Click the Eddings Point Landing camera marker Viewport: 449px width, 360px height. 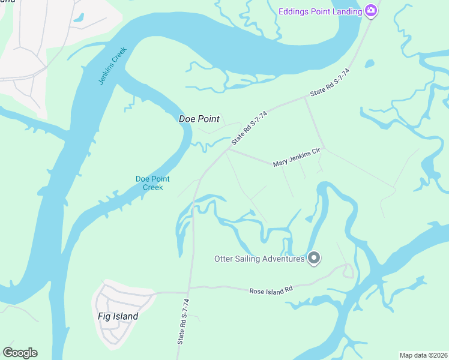coord(371,11)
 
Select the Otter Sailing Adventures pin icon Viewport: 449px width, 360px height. coord(313,259)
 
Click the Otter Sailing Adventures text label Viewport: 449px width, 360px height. coord(259,259)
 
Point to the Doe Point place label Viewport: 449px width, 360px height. coord(199,119)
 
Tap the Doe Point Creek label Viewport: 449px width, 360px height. coord(152,183)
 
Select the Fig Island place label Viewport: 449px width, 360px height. coord(118,316)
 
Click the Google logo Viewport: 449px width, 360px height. coord(20,353)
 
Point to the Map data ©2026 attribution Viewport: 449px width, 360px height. coord(423,355)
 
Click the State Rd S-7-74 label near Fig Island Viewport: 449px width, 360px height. coord(183,322)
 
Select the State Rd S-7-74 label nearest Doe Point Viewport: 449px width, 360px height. coord(249,126)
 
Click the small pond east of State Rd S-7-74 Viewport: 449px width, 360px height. coord(369,63)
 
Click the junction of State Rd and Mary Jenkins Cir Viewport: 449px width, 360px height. coord(227,149)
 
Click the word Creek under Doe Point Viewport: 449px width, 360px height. coord(152,187)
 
